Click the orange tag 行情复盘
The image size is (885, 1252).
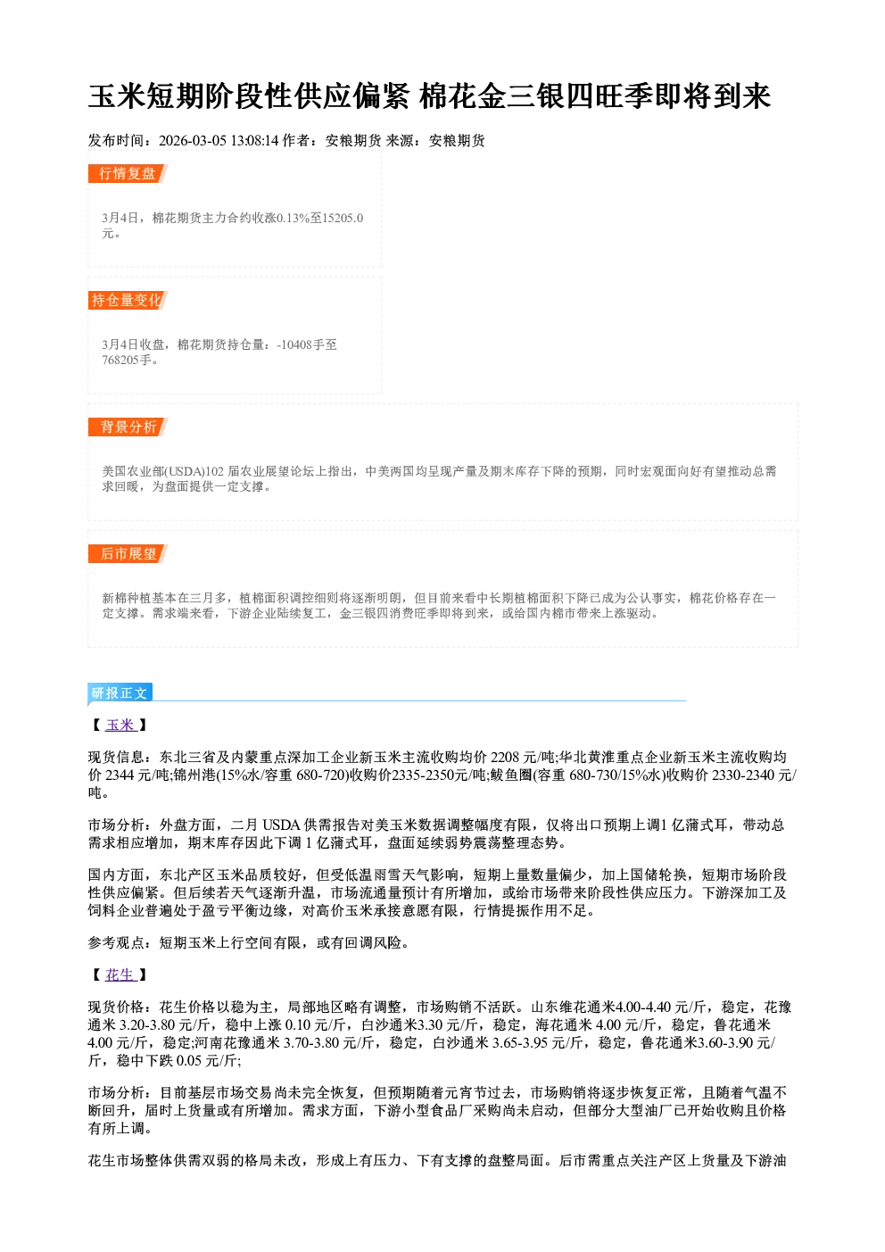pos(128,173)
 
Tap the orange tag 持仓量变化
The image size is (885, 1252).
pos(128,300)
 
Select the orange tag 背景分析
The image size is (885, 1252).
pos(128,427)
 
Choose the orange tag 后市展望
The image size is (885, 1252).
pos(128,554)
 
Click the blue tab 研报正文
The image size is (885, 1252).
pos(120,693)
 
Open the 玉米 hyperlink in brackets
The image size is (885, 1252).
pos(120,725)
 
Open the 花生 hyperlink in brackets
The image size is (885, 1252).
pos(120,974)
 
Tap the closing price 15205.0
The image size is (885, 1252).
pos(343,218)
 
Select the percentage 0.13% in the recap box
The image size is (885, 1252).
pos(293,218)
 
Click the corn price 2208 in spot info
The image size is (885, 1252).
pos(505,758)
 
